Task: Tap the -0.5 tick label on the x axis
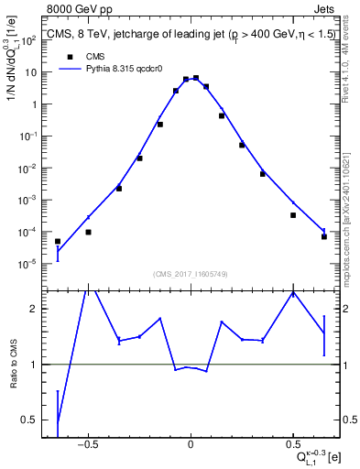(87, 446)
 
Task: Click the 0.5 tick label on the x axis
(292, 446)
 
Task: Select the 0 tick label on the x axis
(190, 446)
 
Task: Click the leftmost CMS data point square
(58, 242)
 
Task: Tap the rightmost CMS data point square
(324, 236)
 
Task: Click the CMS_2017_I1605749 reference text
(190, 274)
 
